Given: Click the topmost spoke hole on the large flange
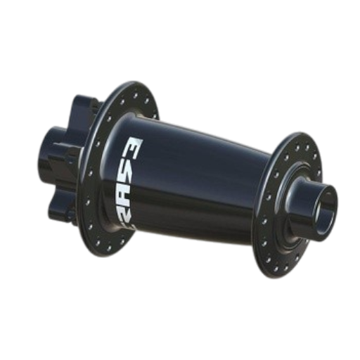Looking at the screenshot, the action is (x=135, y=95).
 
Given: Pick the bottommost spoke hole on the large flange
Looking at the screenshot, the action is (x=109, y=247).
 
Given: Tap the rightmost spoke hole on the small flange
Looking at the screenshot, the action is (x=319, y=173).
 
